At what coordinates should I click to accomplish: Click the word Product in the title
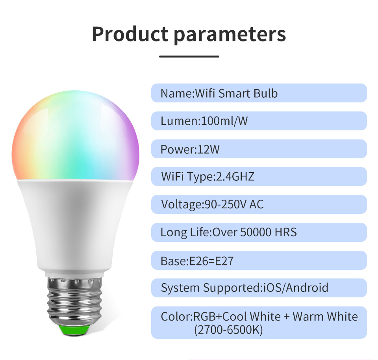(x=130, y=34)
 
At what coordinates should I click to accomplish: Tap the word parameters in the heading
(x=230, y=35)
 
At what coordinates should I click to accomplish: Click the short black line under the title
(x=189, y=56)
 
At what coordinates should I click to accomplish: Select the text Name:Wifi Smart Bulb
(x=219, y=93)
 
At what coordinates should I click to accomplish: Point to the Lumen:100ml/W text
(x=204, y=121)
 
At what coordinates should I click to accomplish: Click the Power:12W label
(x=190, y=149)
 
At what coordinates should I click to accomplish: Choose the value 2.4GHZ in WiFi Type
(x=235, y=176)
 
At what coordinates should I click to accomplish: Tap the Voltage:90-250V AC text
(x=212, y=204)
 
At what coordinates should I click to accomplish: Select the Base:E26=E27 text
(x=197, y=261)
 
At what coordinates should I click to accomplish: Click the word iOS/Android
(x=296, y=288)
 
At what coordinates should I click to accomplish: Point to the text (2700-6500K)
(x=228, y=330)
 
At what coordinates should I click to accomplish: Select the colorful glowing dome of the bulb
(x=76, y=135)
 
